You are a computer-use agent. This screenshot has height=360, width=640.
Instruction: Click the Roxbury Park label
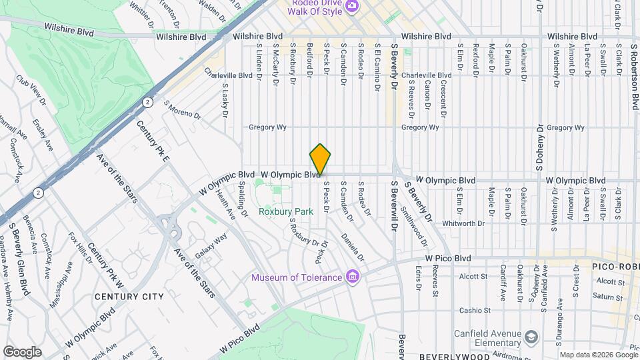click(286, 212)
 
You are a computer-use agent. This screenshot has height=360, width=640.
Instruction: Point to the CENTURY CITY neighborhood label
click(120, 296)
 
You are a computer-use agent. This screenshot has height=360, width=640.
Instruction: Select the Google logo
click(22, 351)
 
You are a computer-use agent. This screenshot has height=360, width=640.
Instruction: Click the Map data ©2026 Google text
click(598, 355)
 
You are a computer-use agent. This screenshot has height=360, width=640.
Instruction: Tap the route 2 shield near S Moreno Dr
click(146, 101)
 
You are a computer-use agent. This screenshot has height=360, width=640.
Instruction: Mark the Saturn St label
click(605, 296)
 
